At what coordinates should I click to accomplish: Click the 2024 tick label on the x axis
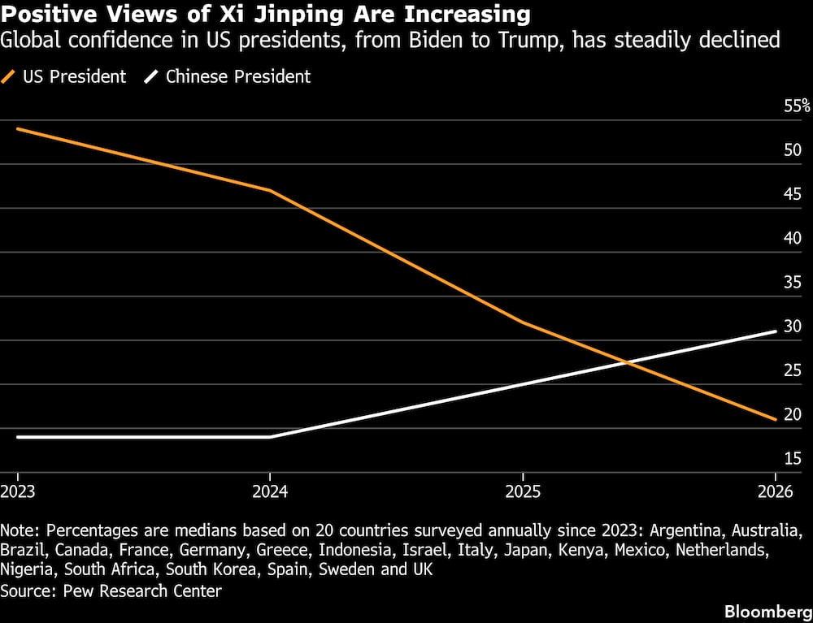pos(270,491)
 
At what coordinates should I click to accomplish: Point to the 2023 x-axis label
pos(18,491)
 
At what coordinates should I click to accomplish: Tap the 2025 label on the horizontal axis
pos(523,491)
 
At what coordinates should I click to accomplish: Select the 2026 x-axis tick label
pos(776,491)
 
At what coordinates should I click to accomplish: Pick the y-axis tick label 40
pos(793,239)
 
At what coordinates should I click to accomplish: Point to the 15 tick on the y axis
pos(793,458)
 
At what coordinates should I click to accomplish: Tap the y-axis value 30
pos(793,327)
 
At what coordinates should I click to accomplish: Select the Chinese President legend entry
pos(228,76)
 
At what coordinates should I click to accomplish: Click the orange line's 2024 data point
pos(270,191)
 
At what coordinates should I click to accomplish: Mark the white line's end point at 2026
pos(776,331)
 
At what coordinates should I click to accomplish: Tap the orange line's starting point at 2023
pos(18,128)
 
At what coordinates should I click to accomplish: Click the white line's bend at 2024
pos(270,437)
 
